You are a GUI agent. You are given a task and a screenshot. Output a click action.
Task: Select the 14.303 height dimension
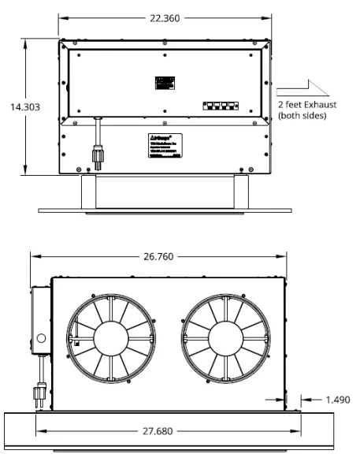[x=24, y=106]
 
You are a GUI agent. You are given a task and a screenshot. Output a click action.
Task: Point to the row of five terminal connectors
[x=222, y=104]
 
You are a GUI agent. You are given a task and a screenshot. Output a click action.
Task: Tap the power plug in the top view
[x=99, y=157]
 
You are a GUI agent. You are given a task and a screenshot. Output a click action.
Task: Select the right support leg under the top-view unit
[x=242, y=192]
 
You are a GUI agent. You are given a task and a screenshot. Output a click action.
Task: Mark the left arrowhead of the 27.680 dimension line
[x=39, y=431]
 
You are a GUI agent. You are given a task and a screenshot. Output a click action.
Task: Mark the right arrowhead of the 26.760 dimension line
[x=285, y=256]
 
